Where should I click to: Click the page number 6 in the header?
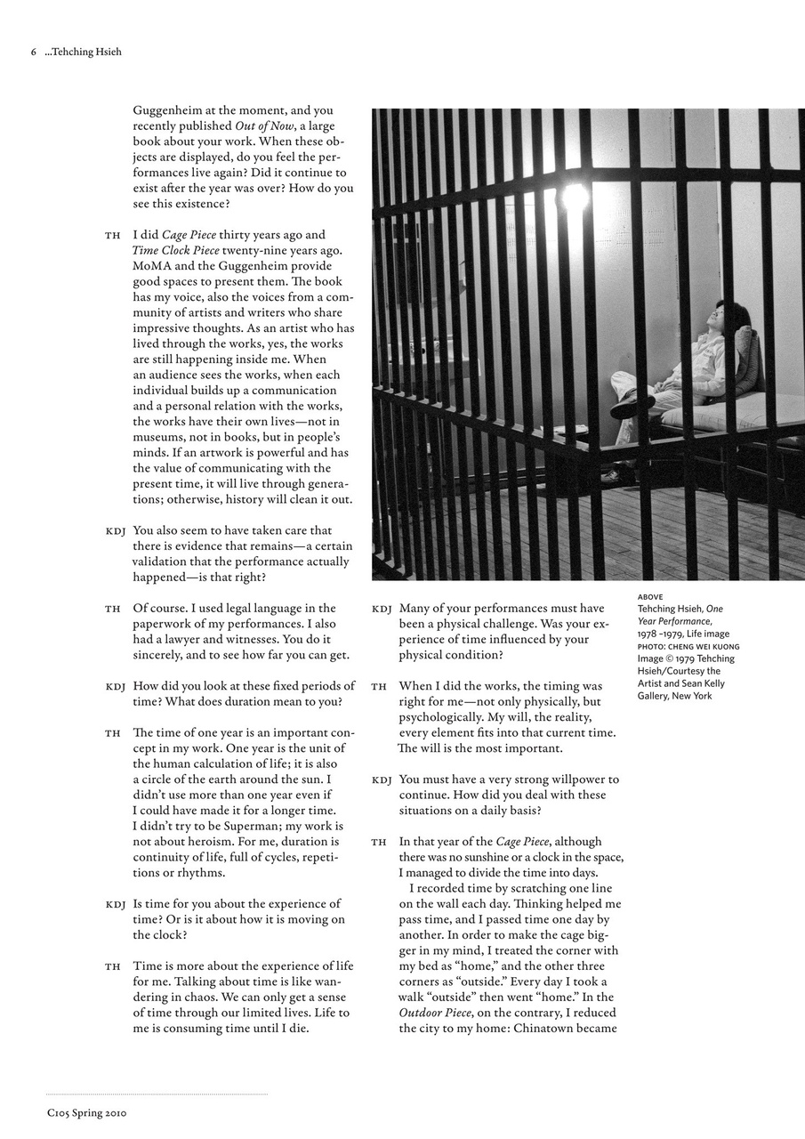pyautogui.click(x=34, y=52)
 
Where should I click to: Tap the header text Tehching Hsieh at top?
pyautogui.click(x=85, y=52)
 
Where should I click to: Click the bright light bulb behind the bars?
pyautogui.click(x=575, y=197)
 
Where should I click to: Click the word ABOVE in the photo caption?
pyautogui.click(x=650, y=596)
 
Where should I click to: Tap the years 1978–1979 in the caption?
pyautogui.click(x=659, y=634)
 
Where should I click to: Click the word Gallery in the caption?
pyautogui.click(x=656, y=696)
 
